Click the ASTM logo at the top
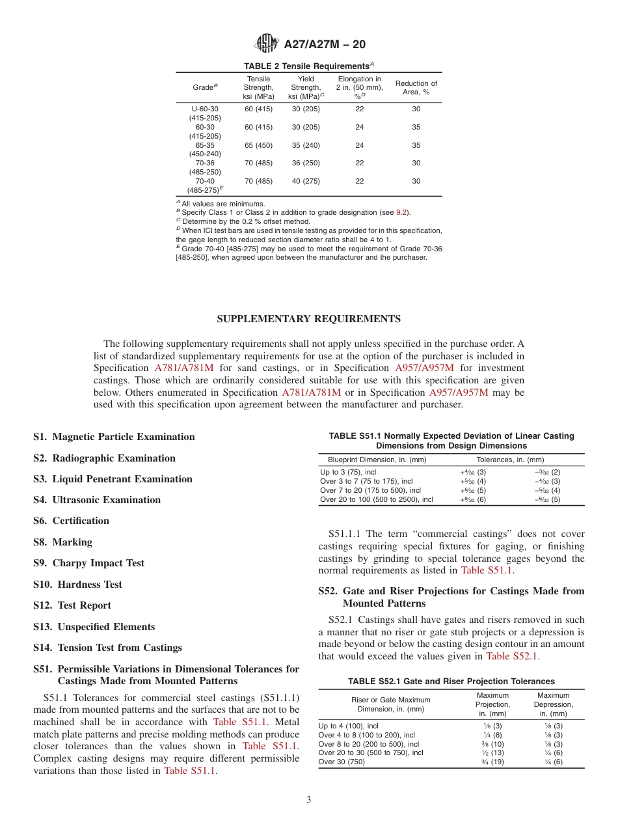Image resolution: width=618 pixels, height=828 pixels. click(266, 44)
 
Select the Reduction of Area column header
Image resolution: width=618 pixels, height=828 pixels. click(416, 88)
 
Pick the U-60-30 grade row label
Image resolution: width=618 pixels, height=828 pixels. click(205, 109)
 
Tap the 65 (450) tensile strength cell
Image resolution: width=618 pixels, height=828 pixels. click(258, 145)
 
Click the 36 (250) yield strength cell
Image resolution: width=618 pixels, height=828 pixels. click(306, 163)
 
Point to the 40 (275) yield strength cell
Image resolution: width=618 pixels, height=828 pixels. click(306, 181)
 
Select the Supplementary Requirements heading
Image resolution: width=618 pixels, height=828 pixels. click(308, 319)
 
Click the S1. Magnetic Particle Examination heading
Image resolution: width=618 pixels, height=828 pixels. click(114, 437)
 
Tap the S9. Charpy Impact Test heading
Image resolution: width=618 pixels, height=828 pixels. click(88, 563)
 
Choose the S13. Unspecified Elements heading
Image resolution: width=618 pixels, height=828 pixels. click(94, 627)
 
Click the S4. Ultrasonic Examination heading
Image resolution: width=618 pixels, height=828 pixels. click(97, 500)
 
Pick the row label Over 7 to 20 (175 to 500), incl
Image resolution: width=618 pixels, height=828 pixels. click(370, 491)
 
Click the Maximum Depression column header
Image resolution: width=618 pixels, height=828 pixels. click(553, 704)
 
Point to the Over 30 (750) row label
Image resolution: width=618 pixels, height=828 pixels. click(342, 762)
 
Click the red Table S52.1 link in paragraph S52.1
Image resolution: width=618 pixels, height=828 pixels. click(512, 656)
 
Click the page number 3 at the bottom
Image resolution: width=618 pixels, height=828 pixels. click(309, 800)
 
